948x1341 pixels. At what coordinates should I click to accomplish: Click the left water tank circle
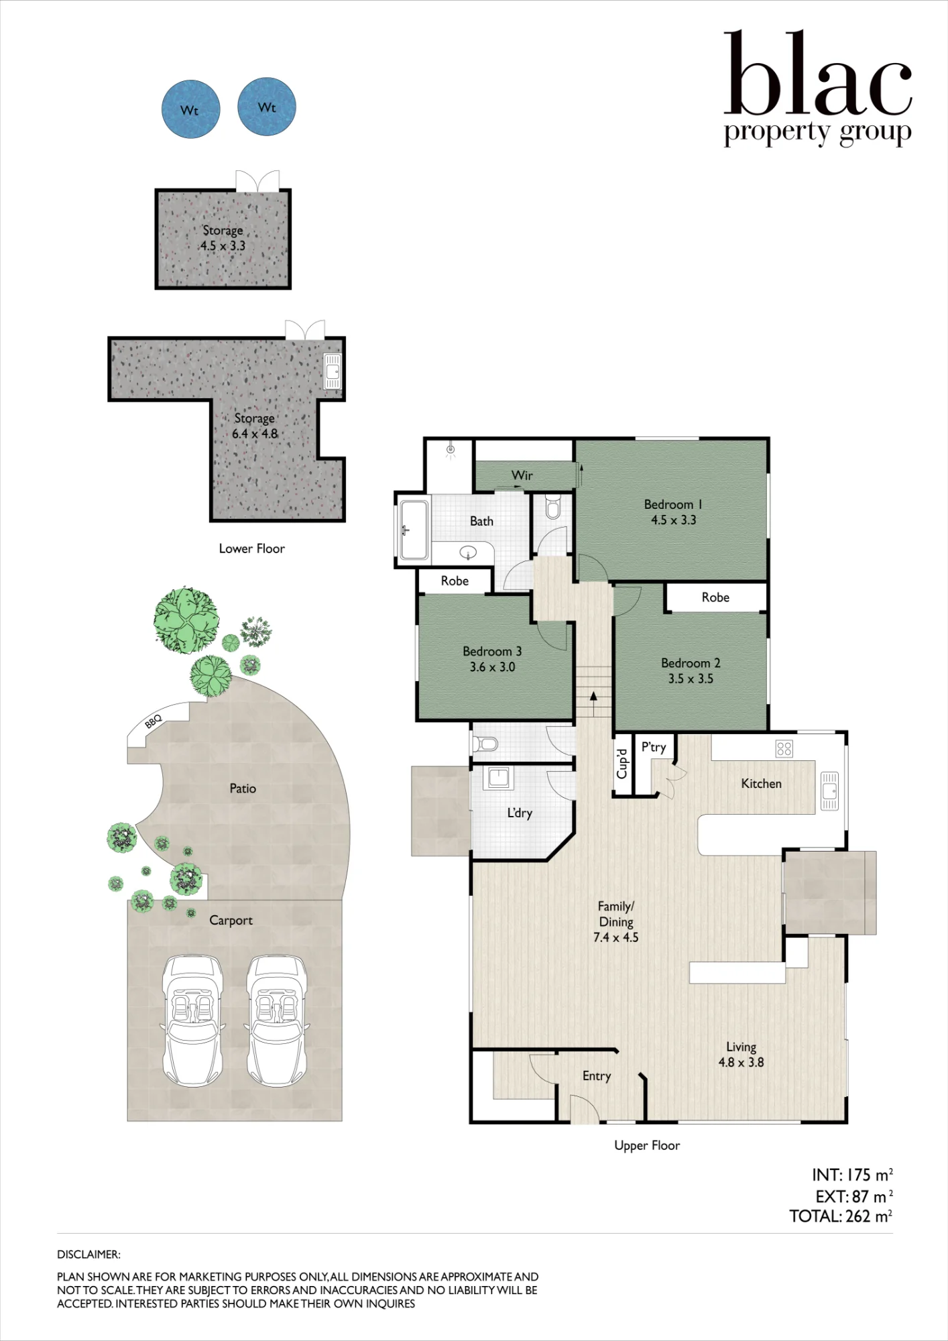[x=191, y=109]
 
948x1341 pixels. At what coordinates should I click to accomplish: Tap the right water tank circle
[x=267, y=107]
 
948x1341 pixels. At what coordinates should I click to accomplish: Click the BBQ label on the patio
[x=154, y=721]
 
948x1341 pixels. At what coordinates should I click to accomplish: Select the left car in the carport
[x=193, y=1021]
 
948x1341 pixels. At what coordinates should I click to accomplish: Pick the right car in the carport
[x=277, y=1021]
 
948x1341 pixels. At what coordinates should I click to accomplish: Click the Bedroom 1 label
[x=673, y=504]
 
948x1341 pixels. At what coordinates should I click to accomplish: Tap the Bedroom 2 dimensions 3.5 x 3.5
[x=691, y=679]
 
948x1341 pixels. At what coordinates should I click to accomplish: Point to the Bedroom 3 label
[x=492, y=651]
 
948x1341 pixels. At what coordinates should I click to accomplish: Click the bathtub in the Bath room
[x=414, y=530]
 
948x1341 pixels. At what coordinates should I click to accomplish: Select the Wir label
[x=522, y=475]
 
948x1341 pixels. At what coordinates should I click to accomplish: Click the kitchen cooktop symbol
[x=784, y=748]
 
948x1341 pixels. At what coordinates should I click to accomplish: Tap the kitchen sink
[x=830, y=791]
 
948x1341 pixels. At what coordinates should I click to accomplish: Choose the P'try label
[x=654, y=748]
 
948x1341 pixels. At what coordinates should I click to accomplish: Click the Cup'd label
[x=623, y=764]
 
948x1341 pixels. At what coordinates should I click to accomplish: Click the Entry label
[x=597, y=1076]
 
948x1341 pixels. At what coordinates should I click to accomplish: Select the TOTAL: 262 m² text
[x=841, y=1216]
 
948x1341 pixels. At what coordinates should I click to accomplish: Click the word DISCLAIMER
[x=88, y=1255]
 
